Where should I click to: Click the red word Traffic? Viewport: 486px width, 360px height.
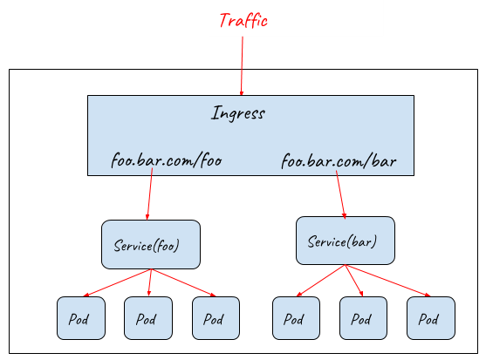(243, 21)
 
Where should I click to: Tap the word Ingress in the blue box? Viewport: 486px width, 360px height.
(238, 113)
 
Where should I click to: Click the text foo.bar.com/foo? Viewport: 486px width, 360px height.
(166, 160)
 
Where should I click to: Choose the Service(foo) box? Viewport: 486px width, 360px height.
(151, 244)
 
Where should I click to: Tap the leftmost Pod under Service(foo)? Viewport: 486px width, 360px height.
(81, 318)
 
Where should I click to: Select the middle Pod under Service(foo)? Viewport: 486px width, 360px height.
(148, 318)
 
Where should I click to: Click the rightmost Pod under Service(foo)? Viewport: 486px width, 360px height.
(216, 318)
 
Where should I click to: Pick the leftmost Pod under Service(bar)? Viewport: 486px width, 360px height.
(296, 318)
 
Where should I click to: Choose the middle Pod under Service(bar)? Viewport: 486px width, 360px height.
(363, 318)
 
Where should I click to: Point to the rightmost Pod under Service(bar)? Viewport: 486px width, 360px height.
(430, 318)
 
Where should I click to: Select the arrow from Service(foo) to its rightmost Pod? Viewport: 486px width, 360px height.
(182, 282)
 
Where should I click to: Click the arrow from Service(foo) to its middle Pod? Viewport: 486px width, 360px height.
(150, 282)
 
